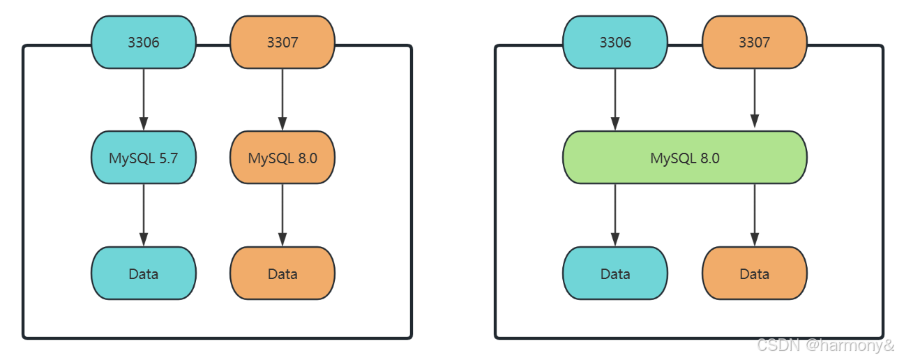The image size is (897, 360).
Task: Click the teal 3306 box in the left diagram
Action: click(144, 42)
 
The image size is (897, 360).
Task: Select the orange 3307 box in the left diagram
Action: click(282, 42)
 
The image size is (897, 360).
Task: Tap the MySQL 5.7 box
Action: click(144, 158)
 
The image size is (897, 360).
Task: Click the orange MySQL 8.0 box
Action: click(282, 158)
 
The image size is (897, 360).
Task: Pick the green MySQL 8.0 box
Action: click(685, 158)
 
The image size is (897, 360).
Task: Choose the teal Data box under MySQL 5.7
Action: click(144, 273)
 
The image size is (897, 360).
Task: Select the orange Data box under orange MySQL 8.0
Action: click(282, 273)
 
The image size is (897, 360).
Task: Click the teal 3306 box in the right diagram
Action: click(615, 42)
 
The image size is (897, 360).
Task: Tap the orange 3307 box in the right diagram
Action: click(755, 42)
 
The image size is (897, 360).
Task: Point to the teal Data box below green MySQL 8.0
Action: click(615, 273)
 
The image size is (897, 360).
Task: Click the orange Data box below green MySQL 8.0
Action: click(755, 273)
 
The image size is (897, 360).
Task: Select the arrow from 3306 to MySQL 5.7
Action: click(144, 100)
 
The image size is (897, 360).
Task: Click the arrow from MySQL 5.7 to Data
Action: click(144, 215)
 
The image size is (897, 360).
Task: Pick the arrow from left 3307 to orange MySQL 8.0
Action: click(282, 100)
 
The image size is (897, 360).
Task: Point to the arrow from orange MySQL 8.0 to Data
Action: click(282, 215)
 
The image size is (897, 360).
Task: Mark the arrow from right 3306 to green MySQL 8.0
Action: click(615, 100)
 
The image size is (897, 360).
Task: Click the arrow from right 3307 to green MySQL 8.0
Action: click(755, 98)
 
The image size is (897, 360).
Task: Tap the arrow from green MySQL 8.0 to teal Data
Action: click(615, 215)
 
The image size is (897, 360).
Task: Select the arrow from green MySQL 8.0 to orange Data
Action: click(755, 215)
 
